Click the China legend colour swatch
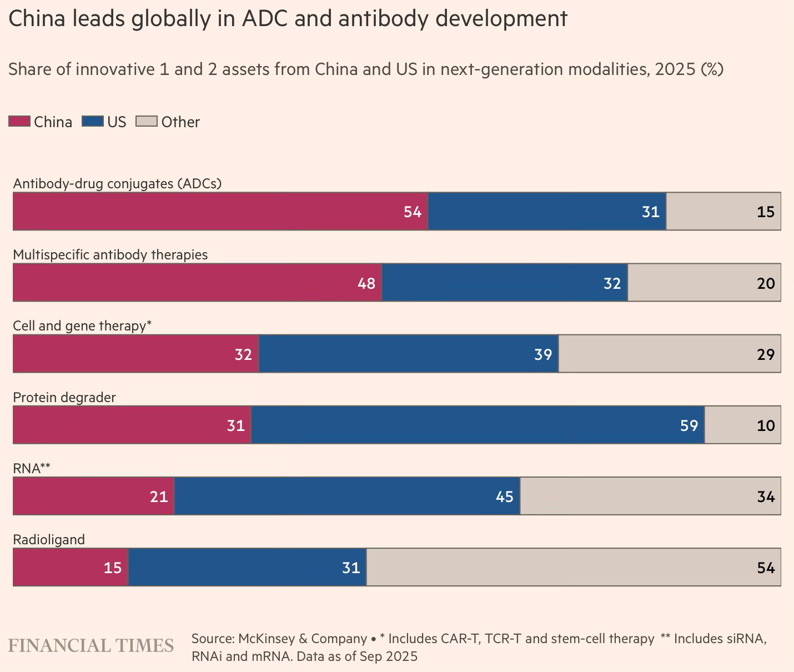(x=19, y=121)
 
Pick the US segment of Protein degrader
(x=478, y=425)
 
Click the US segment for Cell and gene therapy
(x=408, y=354)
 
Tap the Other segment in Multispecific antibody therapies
(x=703, y=283)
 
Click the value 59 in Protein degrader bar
(x=689, y=425)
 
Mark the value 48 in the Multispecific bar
(x=366, y=283)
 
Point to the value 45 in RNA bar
(x=504, y=497)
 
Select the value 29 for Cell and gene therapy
(x=765, y=354)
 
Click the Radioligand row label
(x=49, y=539)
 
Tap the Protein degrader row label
(x=64, y=397)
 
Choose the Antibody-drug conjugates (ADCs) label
(x=117, y=183)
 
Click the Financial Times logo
(x=91, y=645)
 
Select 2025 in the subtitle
(x=675, y=69)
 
